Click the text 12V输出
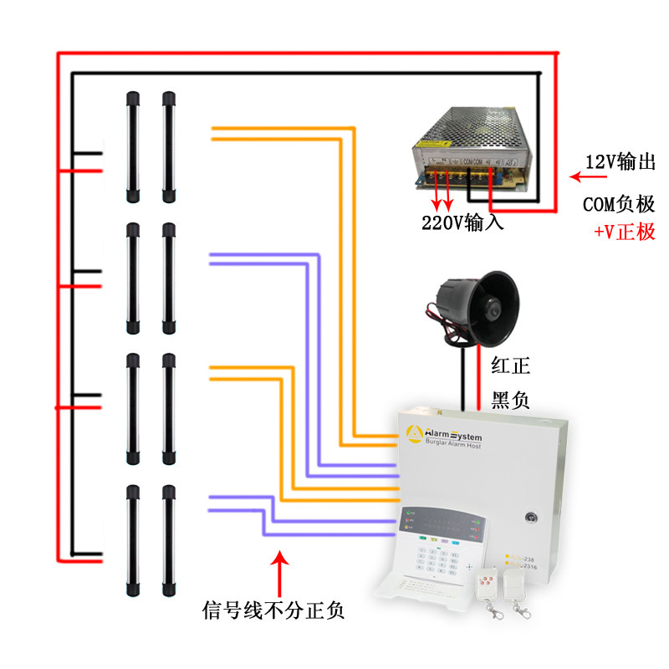[x=620, y=163]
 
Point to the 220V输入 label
[x=462, y=224]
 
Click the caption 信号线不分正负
[x=273, y=610]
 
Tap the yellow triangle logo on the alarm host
[x=413, y=433]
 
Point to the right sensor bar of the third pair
[x=168, y=409]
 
